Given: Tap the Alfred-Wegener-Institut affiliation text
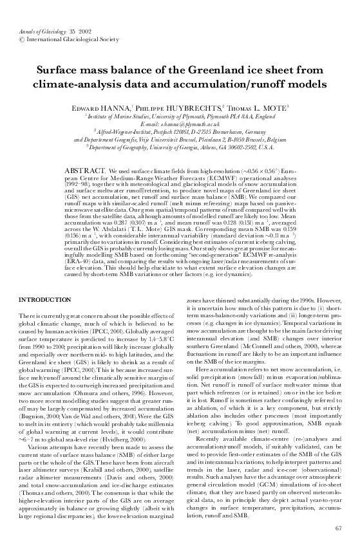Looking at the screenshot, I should click(149, 131).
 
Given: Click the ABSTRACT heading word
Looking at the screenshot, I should click(82, 167).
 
